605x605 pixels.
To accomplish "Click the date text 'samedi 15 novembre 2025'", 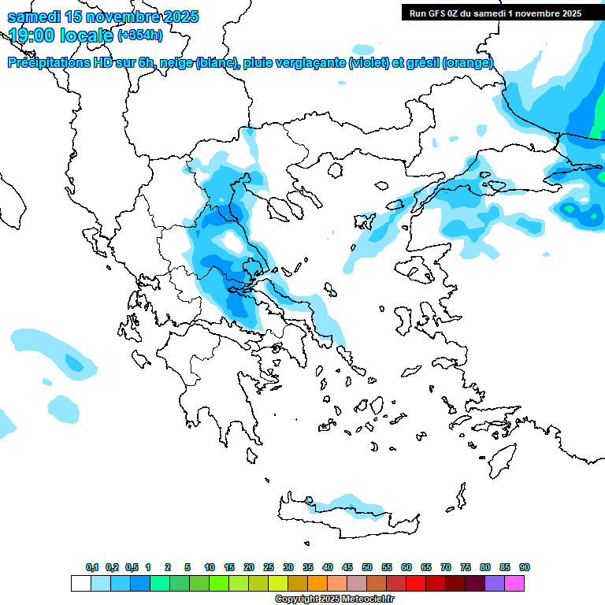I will [x=102, y=17].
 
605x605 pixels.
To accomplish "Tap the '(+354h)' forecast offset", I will [x=140, y=35].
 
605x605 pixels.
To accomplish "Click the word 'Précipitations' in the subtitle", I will [x=47, y=63].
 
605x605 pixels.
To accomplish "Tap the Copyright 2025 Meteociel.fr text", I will [x=334, y=599].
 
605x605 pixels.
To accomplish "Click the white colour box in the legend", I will [x=80, y=583].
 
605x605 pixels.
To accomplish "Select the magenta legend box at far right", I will [x=514, y=583].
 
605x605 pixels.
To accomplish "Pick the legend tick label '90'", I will [x=525, y=567].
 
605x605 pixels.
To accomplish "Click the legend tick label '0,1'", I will [x=92, y=567].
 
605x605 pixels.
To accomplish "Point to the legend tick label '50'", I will [x=367, y=567].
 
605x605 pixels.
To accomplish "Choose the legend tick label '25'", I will [x=269, y=567].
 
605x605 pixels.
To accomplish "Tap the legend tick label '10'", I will [x=210, y=567].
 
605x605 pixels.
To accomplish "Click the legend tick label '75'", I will [x=466, y=567].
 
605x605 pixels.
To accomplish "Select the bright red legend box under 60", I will [x=416, y=583].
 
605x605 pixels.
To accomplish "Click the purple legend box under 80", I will [x=495, y=583].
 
